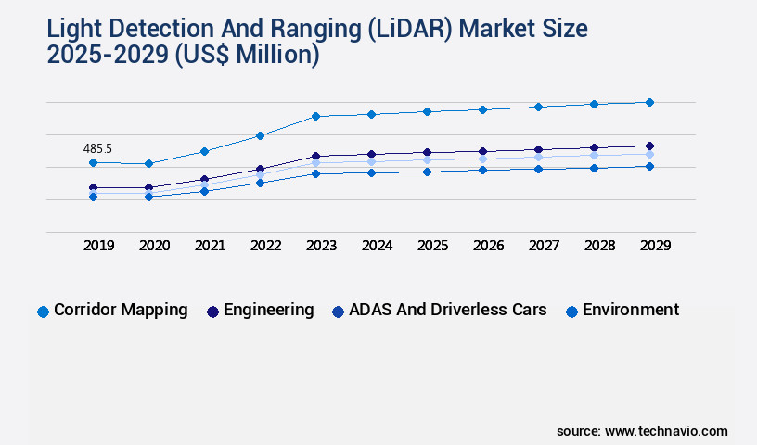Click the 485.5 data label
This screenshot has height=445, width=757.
(97, 148)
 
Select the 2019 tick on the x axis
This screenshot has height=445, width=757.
(99, 246)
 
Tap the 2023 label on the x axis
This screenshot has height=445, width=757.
(321, 246)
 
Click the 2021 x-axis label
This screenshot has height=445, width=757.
(210, 246)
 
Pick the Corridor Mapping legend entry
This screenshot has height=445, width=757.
(112, 311)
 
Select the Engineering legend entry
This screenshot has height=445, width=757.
(261, 311)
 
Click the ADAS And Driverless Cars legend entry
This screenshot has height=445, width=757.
(440, 311)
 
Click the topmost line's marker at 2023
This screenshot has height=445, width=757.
(315, 116)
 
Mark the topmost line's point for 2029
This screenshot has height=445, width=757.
(649, 102)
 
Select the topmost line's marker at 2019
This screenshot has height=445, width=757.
(93, 163)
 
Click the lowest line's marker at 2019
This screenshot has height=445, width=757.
(93, 197)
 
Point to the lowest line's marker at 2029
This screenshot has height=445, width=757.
(649, 167)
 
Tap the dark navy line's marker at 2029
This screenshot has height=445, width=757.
(649, 146)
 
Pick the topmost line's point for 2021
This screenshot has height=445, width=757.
(204, 151)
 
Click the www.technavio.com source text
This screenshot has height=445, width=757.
(666, 431)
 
